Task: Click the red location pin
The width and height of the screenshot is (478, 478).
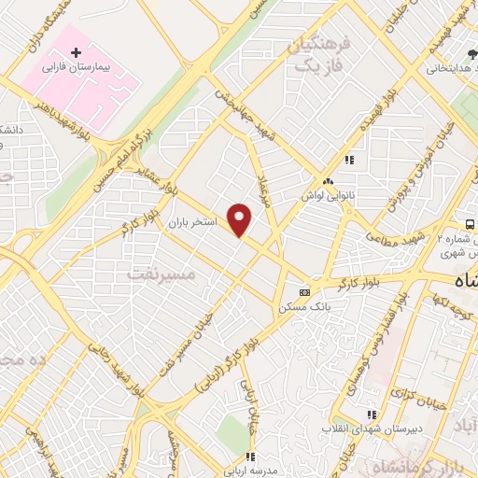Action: pyautogui.click(x=241, y=219)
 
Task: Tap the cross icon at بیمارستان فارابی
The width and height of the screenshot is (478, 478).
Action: pyautogui.click(x=77, y=53)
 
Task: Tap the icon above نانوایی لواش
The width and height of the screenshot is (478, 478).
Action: pyautogui.click(x=328, y=181)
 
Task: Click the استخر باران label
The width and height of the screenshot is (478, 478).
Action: pyautogui.click(x=193, y=224)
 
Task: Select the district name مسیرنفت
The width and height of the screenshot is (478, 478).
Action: pyautogui.click(x=162, y=274)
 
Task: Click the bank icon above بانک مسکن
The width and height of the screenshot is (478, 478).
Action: pyautogui.click(x=302, y=290)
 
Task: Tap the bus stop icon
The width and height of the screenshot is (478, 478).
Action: pyautogui.click(x=470, y=224)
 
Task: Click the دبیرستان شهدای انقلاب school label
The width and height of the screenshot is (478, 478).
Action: pyautogui.click(x=369, y=429)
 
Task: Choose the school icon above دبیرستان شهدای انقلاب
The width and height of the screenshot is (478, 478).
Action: pyautogui.click(x=372, y=413)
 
